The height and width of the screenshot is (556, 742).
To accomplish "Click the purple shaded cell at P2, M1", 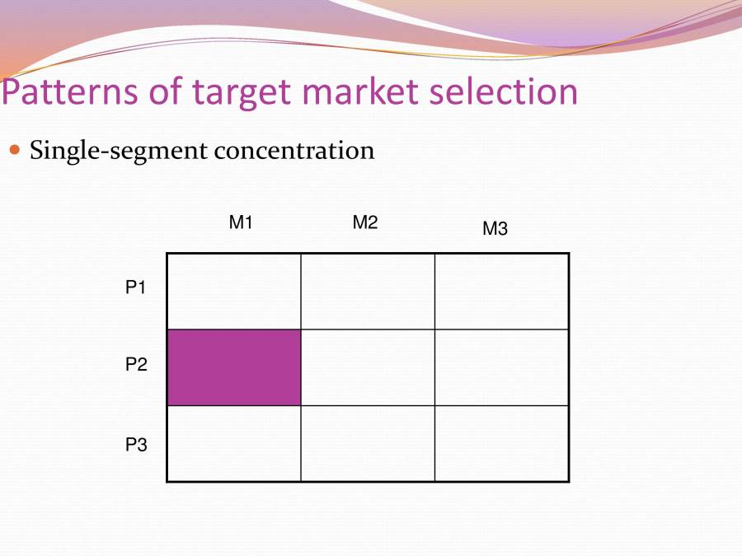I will (x=234, y=367).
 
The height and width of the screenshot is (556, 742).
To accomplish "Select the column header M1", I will (x=240, y=222).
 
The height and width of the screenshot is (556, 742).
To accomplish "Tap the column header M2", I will (x=365, y=222).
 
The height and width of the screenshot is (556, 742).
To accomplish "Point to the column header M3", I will (x=495, y=230).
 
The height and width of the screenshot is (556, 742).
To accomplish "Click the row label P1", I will (x=136, y=288).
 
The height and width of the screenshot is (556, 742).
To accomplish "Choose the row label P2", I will (x=136, y=366).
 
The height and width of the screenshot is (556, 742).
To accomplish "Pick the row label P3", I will (x=136, y=445).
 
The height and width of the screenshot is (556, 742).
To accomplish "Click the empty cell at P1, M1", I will (x=234, y=292).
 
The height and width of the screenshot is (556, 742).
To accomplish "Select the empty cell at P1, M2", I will (x=368, y=292).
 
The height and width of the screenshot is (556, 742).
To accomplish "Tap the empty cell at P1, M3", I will (x=501, y=292).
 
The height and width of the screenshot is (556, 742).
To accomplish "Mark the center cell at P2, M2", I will (x=368, y=367).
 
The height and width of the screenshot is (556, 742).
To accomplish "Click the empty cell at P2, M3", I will (x=501, y=367).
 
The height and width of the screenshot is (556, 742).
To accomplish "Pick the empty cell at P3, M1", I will (x=234, y=443).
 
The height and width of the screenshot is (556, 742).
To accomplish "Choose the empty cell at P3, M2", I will (x=368, y=443).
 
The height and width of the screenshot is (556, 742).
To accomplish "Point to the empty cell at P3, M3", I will (x=501, y=443).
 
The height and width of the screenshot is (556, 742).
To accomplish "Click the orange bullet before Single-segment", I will (x=14, y=151).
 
